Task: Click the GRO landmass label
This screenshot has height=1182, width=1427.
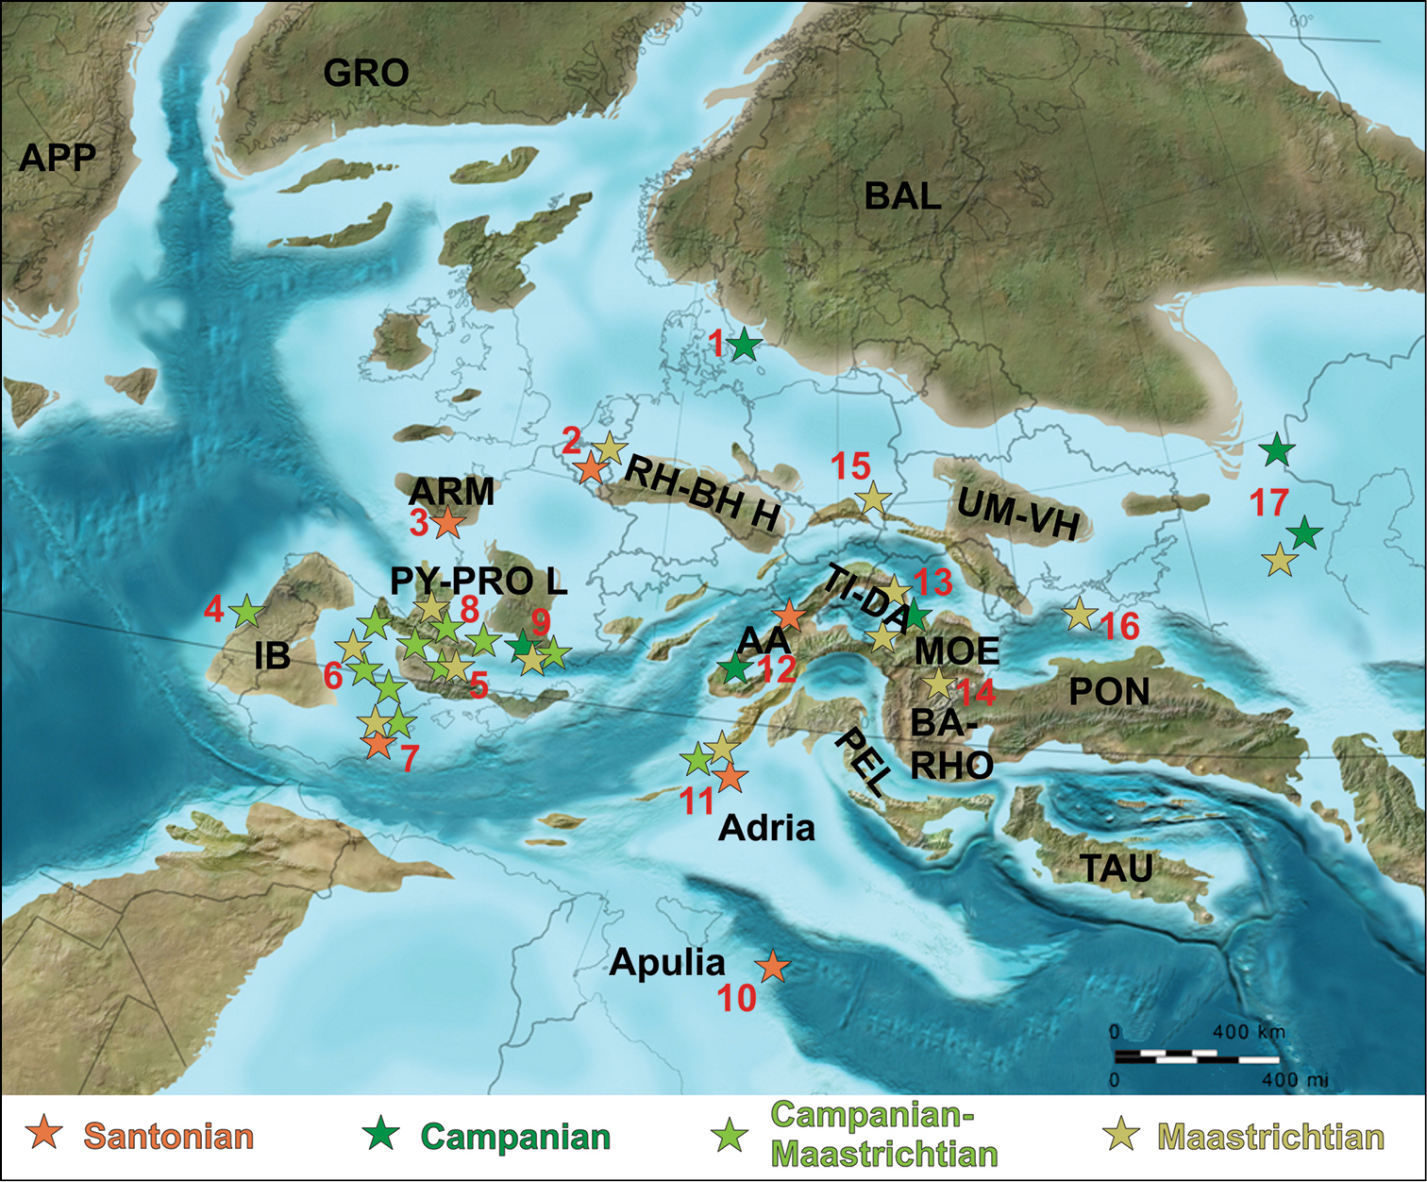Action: point(366,73)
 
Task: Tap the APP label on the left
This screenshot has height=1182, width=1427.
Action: point(58,158)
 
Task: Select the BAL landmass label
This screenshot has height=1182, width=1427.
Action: point(903,196)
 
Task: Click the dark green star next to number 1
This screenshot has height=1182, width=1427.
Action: point(744,345)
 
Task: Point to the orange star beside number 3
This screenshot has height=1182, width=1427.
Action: point(447,521)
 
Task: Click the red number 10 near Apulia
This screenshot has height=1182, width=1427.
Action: point(737,998)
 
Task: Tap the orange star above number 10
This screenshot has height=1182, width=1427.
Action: point(773,966)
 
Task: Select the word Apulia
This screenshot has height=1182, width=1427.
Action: point(667,962)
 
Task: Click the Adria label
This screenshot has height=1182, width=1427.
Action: point(766,828)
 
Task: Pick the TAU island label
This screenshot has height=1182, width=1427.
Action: point(1116,868)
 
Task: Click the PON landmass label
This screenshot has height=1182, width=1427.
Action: point(1109,692)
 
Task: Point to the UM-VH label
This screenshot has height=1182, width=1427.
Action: point(1018,516)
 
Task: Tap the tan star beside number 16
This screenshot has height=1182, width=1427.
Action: point(1080,615)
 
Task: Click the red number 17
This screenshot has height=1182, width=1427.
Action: point(1269,502)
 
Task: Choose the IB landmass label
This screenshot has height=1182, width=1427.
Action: point(272,655)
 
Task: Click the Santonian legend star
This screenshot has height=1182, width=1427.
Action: point(44,1133)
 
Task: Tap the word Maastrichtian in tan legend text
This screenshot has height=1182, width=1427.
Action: point(1270,1137)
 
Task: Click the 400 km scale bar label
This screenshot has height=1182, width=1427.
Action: point(1249,1031)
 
